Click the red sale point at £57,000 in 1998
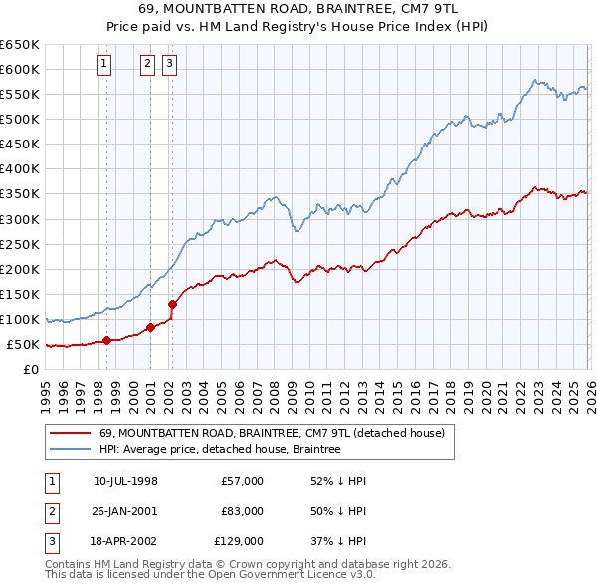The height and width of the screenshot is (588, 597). tap(106, 340)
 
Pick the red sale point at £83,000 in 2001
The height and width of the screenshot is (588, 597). tap(150, 327)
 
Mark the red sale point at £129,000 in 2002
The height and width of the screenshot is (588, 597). tap(172, 304)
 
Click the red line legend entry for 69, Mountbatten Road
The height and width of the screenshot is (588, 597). tap(278, 433)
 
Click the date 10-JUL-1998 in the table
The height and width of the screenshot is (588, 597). tap(125, 481)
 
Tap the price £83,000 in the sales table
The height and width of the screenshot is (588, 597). tap(243, 511)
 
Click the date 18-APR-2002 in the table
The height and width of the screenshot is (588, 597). tap(125, 541)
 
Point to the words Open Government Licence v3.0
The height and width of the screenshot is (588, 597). tap(298, 574)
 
